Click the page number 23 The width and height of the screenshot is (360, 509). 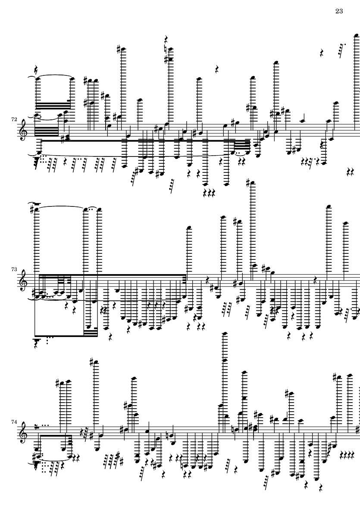pos(339,11)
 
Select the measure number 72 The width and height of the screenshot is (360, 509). pos(14,119)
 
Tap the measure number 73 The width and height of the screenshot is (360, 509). pos(14,269)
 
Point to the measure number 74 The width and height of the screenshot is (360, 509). pos(14,422)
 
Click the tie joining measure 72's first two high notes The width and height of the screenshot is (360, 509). pos(54,77)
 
